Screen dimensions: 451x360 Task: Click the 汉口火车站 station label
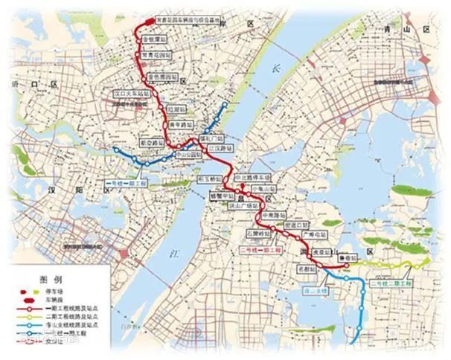(x=128, y=94)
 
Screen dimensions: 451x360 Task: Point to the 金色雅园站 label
(x=163, y=76)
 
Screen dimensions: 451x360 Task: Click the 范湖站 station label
(x=176, y=108)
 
